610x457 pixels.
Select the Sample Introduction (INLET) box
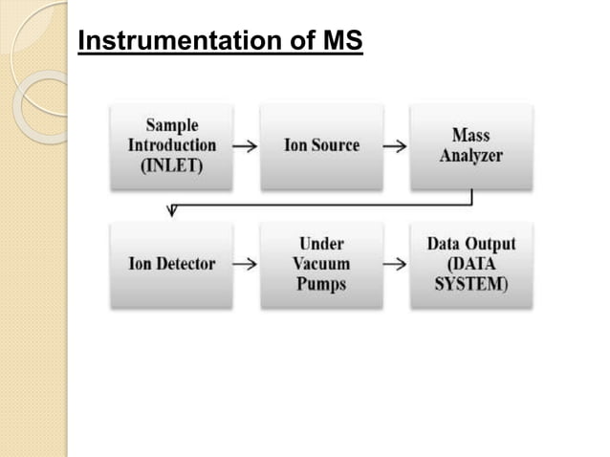click(171, 146)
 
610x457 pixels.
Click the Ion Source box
click(321, 146)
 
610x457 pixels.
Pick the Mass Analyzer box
click(471, 146)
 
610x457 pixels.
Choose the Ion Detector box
click(171, 265)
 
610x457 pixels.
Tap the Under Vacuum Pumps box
click(321, 265)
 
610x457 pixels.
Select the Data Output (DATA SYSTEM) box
click(471, 265)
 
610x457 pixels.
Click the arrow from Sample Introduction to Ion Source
click(245, 147)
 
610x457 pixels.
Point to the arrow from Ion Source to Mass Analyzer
click(395, 147)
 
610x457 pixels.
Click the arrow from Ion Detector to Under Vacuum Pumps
click(245, 265)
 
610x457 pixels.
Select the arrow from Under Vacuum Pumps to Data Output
click(395, 265)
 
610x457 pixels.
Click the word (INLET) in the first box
click(172, 165)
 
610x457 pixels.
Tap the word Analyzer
click(471, 156)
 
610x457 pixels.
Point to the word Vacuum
click(321, 265)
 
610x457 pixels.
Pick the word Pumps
click(321, 284)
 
